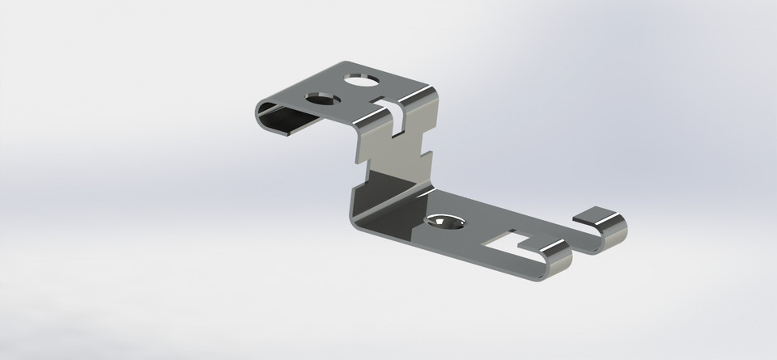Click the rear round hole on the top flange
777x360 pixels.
[360, 80]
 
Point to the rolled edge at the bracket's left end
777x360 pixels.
[264, 112]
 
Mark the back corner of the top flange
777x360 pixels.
[345, 64]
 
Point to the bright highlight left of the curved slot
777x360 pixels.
[368, 121]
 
